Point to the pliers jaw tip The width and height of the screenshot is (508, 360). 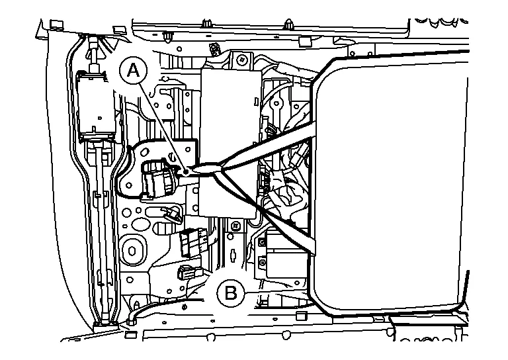coord(190,172)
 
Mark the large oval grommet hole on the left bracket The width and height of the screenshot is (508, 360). coord(132,250)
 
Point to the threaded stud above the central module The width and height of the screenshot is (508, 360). coord(214,48)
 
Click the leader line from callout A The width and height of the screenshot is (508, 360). coord(162,123)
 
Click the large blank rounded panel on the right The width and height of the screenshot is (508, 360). coord(390,179)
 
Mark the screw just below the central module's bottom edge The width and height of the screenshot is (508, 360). coord(233,227)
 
